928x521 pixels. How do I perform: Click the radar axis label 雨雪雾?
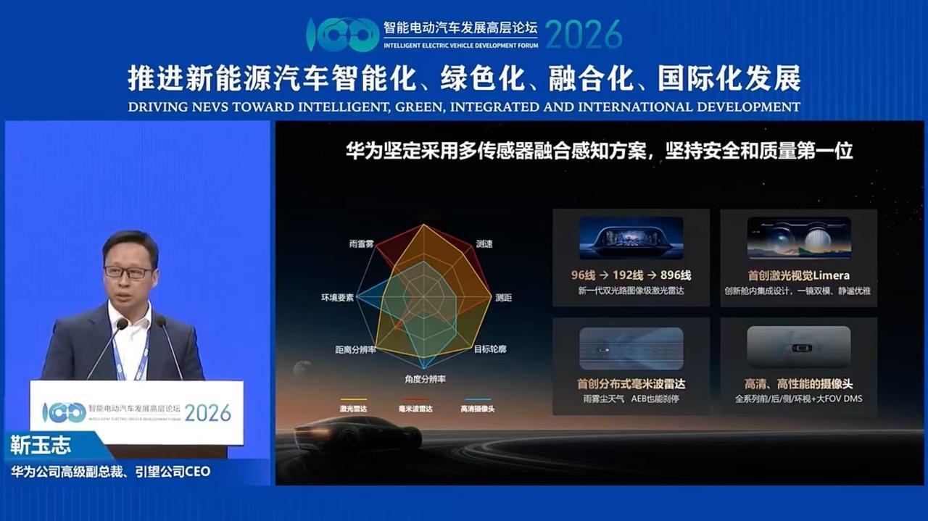(x=361, y=244)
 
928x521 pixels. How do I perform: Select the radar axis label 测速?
(x=484, y=244)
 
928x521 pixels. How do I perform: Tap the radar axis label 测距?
(x=503, y=298)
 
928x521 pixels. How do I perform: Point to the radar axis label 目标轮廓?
(x=490, y=349)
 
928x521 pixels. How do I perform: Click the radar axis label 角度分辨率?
(x=425, y=379)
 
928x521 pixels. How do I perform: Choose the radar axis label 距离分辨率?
(x=355, y=350)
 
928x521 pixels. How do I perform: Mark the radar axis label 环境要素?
(x=338, y=298)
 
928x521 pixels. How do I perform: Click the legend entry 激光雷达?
(x=353, y=409)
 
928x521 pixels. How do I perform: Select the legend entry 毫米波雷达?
(x=415, y=409)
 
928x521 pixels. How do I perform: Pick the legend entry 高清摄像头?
(x=477, y=409)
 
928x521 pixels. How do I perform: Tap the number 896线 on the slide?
(x=675, y=275)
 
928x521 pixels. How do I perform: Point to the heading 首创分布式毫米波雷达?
(x=631, y=383)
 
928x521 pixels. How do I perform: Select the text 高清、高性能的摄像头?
(x=798, y=383)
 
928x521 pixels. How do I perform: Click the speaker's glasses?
(x=128, y=272)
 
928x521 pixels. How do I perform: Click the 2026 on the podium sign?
(x=207, y=413)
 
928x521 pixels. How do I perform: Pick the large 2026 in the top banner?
(x=584, y=34)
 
